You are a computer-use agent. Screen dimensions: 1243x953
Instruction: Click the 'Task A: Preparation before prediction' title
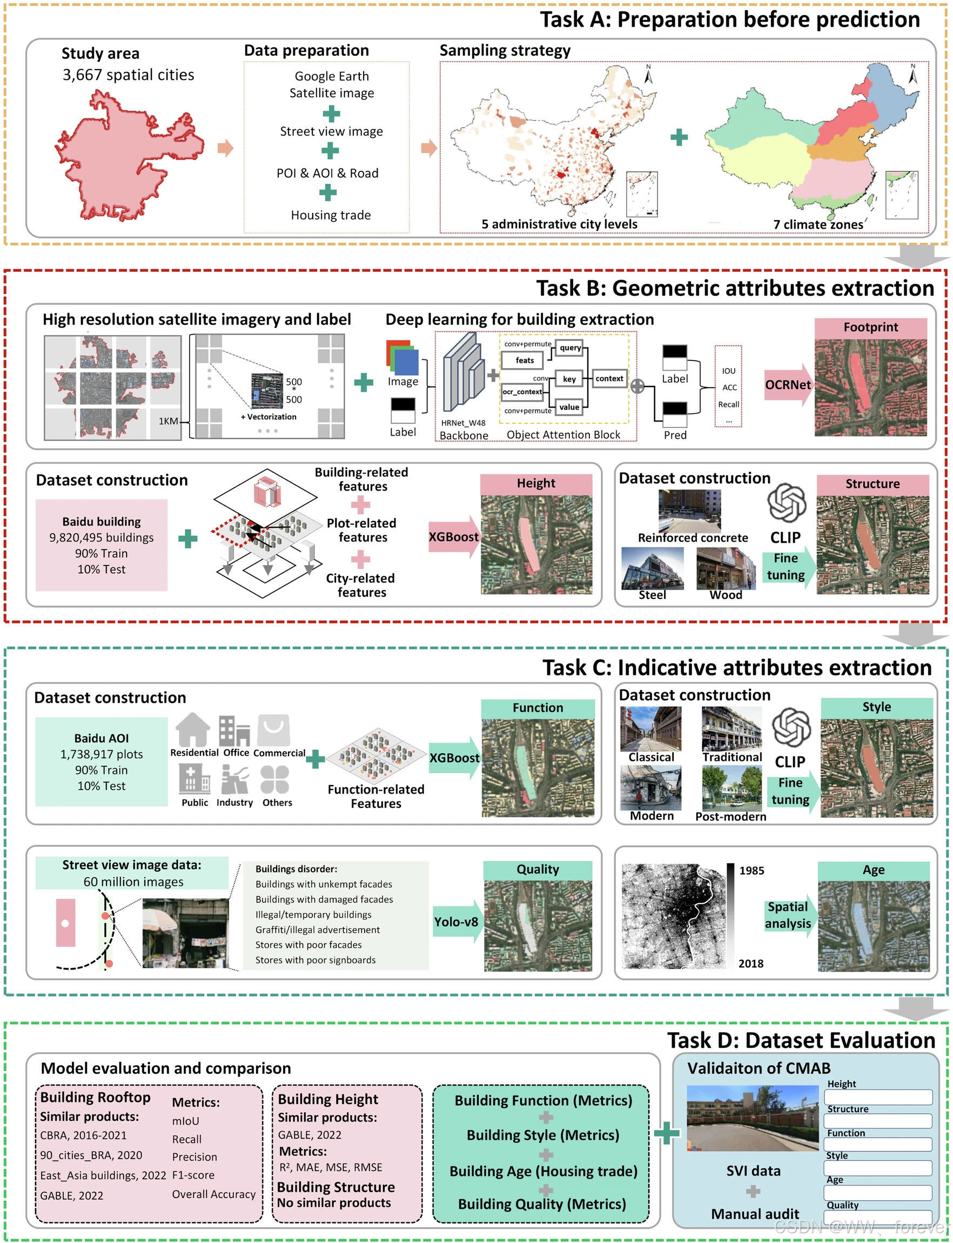[729, 20]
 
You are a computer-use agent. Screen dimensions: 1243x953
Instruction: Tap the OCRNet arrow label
[787, 385]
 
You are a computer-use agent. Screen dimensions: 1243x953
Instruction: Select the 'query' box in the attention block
[569, 347]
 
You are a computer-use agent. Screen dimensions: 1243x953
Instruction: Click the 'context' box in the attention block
[609, 378]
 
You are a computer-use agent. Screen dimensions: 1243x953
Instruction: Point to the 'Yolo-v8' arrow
[457, 922]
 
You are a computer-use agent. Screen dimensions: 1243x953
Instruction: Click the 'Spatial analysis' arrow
[789, 915]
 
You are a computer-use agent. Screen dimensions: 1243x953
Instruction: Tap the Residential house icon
[193, 730]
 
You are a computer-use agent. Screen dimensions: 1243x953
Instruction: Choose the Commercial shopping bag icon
[274, 730]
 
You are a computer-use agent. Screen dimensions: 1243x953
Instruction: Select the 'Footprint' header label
[870, 328]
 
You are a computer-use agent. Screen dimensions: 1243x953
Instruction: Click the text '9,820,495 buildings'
[102, 537]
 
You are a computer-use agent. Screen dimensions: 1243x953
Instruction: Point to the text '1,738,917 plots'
[102, 754]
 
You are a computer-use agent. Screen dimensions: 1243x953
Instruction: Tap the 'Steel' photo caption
[653, 594]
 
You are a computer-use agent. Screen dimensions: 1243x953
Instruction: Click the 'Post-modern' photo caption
[730, 817]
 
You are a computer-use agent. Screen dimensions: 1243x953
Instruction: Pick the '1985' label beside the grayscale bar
[751, 870]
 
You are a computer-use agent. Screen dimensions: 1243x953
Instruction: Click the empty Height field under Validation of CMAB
[877, 1097]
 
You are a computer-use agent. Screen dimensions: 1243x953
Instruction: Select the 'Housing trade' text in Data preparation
[331, 215]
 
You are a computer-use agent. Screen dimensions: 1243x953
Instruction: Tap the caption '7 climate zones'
[818, 225]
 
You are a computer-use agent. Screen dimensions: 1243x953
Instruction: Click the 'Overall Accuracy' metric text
[214, 1194]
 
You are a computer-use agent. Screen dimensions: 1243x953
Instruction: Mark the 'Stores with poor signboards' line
[316, 960]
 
